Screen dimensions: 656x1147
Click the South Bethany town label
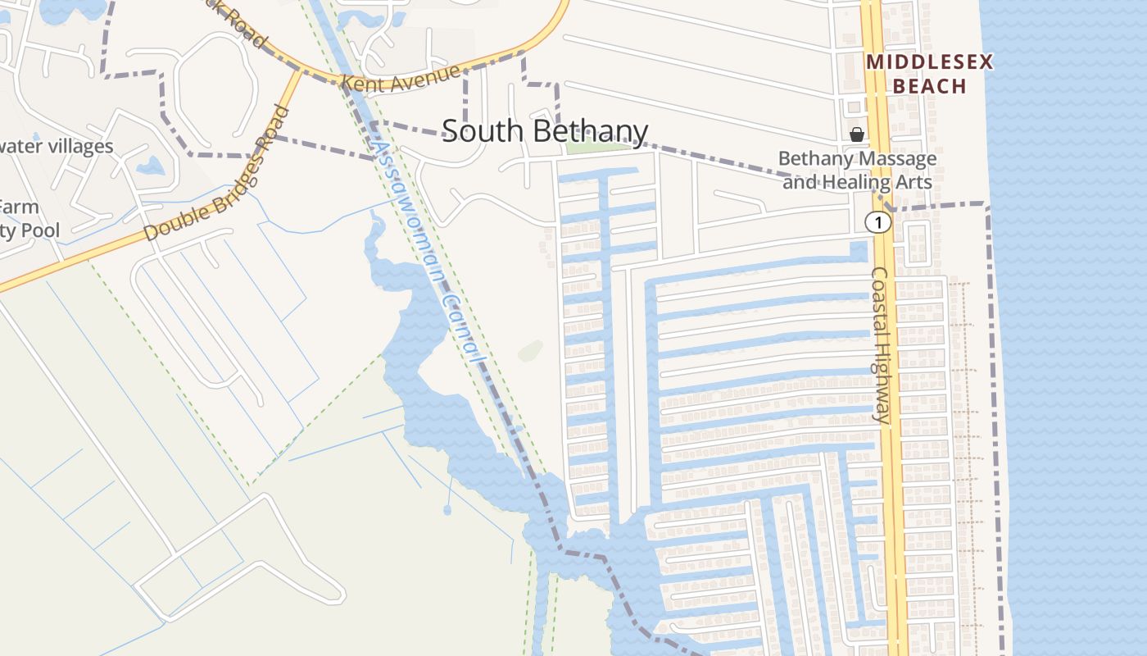[x=545, y=131]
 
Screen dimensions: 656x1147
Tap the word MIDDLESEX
[x=929, y=62]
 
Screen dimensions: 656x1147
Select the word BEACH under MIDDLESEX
[x=929, y=85]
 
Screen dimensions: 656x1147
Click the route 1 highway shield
[x=878, y=222]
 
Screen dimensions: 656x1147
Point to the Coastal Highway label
[x=881, y=344]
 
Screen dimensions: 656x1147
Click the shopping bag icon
[x=857, y=134]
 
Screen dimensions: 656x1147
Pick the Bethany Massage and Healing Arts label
[x=857, y=170]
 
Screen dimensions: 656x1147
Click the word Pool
[x=40, y=230]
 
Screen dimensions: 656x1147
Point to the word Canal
[x=459, y=324]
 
